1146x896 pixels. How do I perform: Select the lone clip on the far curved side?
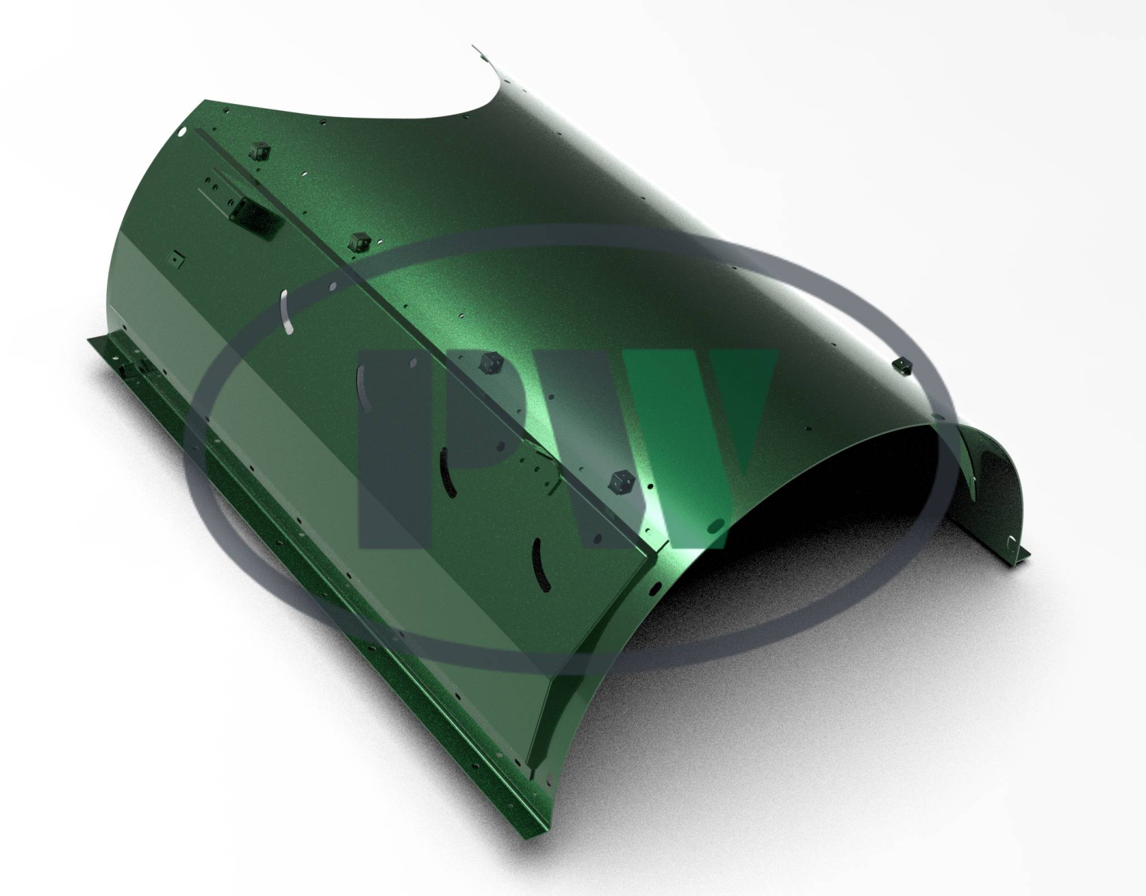coord(902,365)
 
